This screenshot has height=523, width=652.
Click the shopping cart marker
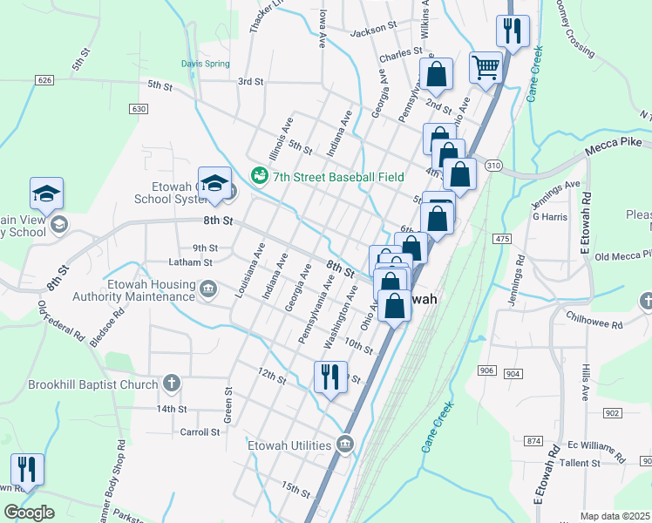coord(485,66)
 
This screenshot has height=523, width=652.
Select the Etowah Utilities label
coord(290,445)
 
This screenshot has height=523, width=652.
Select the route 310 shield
coord(493,166)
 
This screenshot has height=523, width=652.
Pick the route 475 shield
coord(500,238)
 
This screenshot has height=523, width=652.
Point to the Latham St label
coord(190,262)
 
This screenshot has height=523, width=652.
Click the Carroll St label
coord(199,432)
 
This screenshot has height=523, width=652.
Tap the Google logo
coord(29,513)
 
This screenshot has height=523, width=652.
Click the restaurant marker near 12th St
coord(330,377)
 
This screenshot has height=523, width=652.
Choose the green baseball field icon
coord(259,176)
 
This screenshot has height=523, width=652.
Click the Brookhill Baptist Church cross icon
coord(173,383)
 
